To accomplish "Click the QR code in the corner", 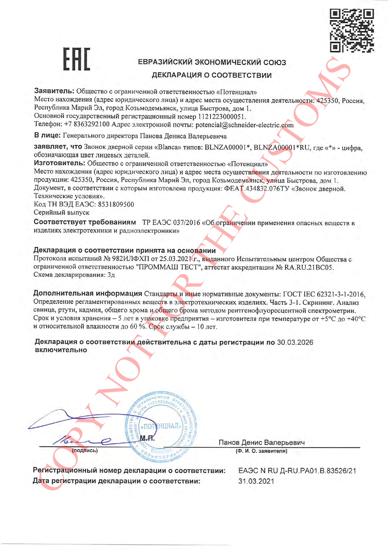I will coord(352,30).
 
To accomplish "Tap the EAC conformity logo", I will coord(77,59).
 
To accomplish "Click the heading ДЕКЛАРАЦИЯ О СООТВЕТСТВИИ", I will coord(212,75).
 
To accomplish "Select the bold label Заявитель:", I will coord(54,91).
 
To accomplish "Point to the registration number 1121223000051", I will coord(222,117).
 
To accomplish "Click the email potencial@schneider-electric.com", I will coord(244,125).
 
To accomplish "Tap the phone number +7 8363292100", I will coord(87,124).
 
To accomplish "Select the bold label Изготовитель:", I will coord(59,163).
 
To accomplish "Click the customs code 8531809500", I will coord(116,205).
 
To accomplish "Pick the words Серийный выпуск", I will coord(62,212).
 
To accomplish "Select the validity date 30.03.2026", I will coord(295,342).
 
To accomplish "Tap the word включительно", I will coord(61,350).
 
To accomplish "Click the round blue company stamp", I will coord(161,427).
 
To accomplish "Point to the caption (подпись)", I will coord(85,450).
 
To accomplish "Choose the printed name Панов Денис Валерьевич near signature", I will coord(261,442).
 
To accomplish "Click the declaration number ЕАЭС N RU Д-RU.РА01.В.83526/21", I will coord(297,471).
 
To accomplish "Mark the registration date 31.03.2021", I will coord(256,481).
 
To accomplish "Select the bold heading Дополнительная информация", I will coord(88,293).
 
